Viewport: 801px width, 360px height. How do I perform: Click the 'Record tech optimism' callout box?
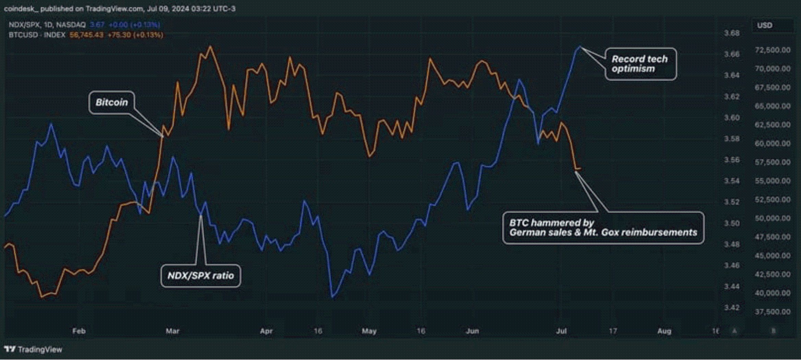640,64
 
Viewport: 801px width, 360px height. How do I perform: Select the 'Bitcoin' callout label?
111,102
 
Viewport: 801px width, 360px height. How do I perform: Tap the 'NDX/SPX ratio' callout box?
201,276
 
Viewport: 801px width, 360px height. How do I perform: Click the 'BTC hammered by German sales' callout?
603,228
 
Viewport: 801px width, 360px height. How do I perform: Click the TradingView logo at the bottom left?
33,349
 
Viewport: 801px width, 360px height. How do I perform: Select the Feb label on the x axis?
79,331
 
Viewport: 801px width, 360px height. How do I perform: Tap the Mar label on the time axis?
172,331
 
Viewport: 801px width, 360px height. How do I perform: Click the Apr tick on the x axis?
266,331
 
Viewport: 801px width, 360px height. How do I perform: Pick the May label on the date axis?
369,331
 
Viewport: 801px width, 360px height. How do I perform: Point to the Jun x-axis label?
472,331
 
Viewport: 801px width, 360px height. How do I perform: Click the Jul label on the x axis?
561,331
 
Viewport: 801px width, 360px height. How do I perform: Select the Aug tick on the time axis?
664,331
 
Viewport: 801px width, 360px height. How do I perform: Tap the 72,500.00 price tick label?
773,50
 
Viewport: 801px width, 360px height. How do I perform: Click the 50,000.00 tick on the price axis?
773,218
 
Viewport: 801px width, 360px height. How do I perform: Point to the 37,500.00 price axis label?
773,312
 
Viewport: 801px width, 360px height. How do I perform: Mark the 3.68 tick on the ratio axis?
731,33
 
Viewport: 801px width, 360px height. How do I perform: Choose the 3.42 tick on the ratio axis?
731,308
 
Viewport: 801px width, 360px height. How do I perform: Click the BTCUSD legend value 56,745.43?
86,35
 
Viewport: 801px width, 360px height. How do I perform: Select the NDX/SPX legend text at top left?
47,25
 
